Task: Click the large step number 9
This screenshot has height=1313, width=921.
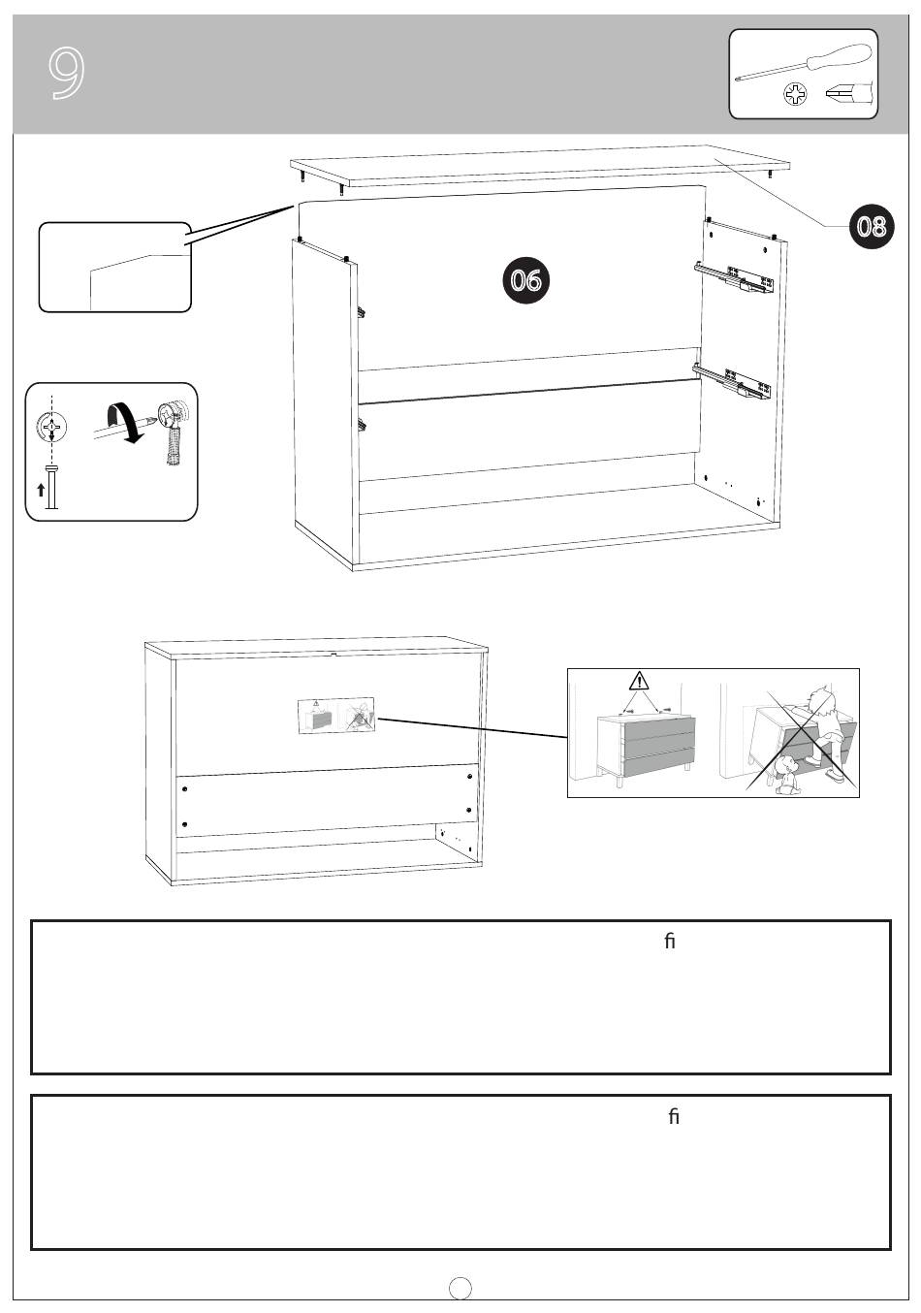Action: [x=66, y=73]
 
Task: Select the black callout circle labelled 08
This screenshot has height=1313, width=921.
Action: [x=872, y=226]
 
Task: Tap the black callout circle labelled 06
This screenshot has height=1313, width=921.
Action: [x=525, y=279]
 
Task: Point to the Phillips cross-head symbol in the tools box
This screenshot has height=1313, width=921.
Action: [x=795, y=94]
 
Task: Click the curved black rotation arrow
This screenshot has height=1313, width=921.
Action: [x=124, y=422]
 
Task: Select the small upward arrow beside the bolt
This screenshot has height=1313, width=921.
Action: [x=41, y=490]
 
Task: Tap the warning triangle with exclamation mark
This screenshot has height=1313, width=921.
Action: [x=639, y=681]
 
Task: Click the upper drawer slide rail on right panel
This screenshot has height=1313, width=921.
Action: [x=733, y=277]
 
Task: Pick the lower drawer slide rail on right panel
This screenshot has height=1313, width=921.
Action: [x=731, y=382]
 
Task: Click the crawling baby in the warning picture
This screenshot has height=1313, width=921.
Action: [x=786, y=775]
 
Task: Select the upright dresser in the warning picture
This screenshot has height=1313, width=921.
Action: [x=647, y=748]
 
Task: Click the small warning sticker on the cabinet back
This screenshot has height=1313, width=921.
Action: [x=336, y=715]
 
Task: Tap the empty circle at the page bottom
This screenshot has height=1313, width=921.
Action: [x=460, y=1288]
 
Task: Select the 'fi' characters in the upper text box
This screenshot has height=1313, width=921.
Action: [x=669, y=941]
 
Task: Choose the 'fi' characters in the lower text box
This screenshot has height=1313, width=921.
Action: [x=673, y=1117]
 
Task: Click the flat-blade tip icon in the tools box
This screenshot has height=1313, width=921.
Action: [x=845, y=93]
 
